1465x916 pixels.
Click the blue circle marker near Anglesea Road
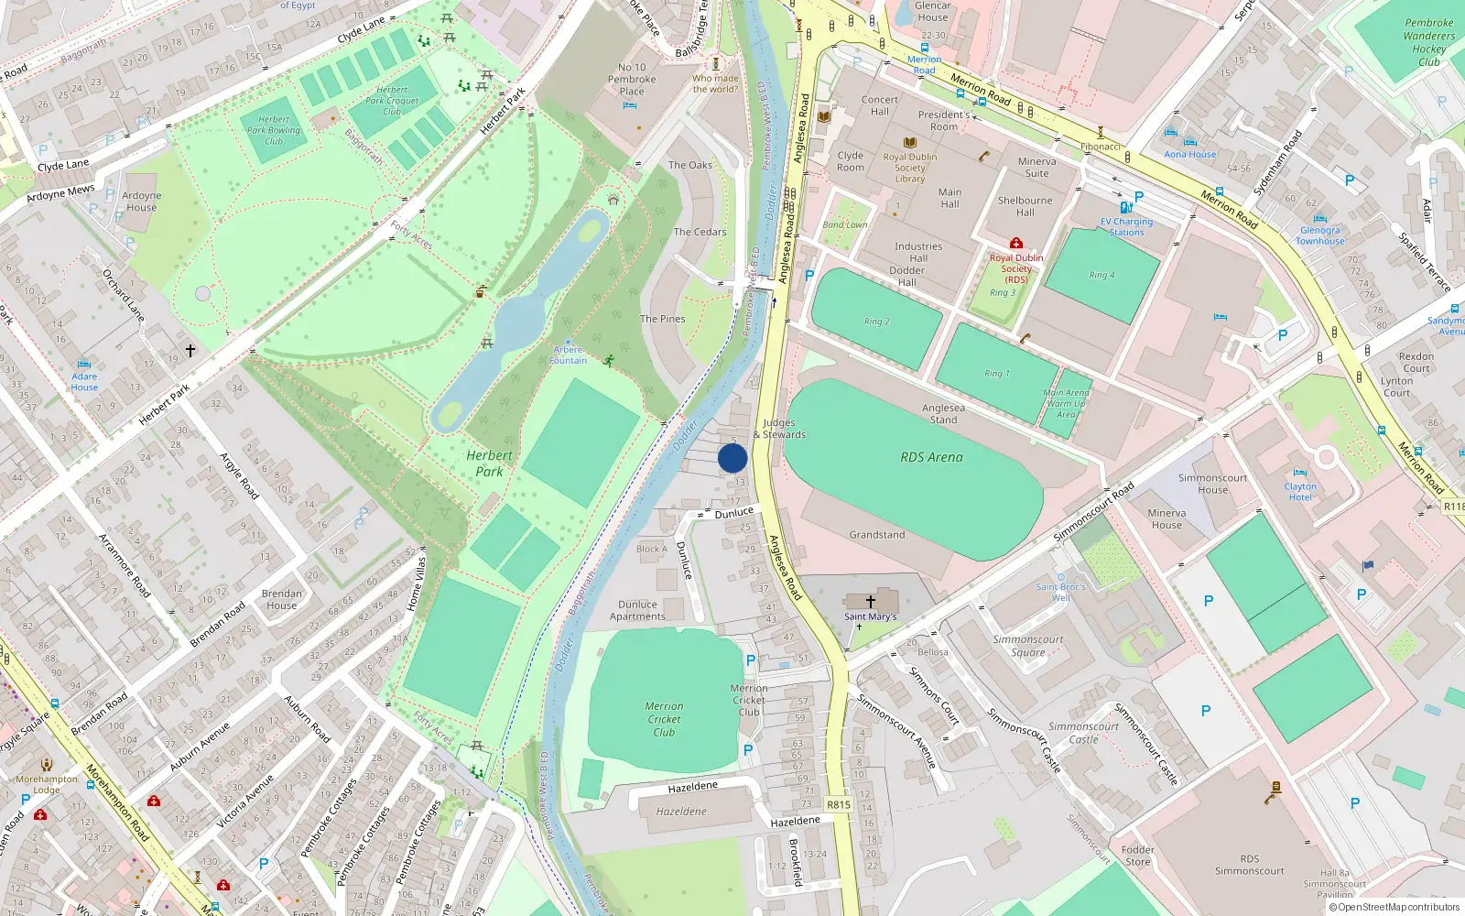[732, 458]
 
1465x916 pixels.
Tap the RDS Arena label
[931, 457]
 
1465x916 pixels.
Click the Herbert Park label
[489, 463]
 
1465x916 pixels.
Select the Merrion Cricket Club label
[664, 719]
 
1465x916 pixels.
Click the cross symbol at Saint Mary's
[870, 601]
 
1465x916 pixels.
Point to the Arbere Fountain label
[568, 355]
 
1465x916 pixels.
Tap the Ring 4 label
[1101, 275]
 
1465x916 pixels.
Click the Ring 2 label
[876, 322]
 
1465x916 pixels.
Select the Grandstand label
[876, 535]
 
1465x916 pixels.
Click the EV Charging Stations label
[1126, 227]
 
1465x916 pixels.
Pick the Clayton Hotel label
[1300, 492]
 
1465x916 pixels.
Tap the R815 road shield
[838, 804]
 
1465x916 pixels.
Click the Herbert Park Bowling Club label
[273, 130]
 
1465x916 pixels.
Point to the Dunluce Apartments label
[637, 610]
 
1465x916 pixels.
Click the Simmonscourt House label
[1212, 484]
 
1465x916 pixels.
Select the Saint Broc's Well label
[1060, 592]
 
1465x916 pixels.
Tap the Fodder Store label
[1137, 856]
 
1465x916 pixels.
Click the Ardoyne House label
[141, 202]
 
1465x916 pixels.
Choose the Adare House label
[84, 382]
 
